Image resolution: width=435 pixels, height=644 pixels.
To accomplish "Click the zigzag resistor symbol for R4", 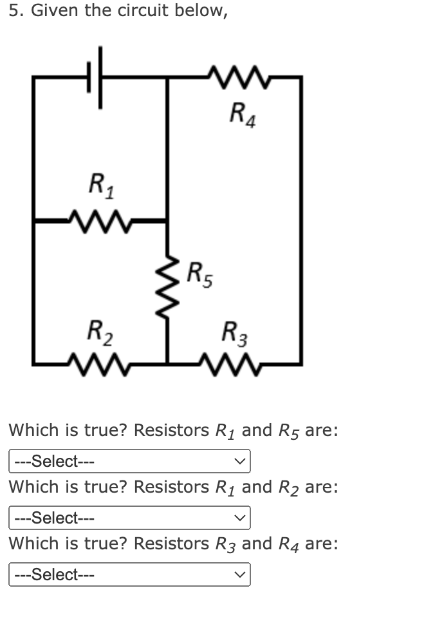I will point(234,77).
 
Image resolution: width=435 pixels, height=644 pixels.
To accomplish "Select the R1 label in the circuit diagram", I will point(100,186).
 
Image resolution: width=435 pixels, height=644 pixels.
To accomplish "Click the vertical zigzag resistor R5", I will point(168,286).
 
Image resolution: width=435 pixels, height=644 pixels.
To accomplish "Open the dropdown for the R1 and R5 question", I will point(129,461).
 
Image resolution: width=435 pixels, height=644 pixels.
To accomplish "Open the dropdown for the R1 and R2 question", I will point(129,518).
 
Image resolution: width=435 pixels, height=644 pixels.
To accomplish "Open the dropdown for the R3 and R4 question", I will point(129,574).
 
